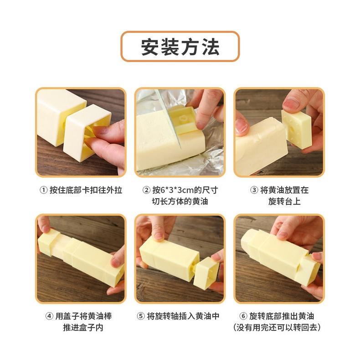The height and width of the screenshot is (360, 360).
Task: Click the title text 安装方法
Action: (x=180, y=46)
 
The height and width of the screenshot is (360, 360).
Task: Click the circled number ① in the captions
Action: (x=44, y=190)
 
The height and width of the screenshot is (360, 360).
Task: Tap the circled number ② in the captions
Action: (x=146, y=190)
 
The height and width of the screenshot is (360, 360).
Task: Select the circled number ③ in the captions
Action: (x=254, y=190)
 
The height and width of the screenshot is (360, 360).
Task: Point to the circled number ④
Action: (x=49, y=316)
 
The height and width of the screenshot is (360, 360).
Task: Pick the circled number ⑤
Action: (x=141, y=316)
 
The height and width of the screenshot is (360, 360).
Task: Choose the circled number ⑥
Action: (x=243, y=316)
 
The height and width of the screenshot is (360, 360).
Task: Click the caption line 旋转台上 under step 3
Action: (x=284, y=201)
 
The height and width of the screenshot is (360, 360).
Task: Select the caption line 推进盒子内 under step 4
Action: (x=83, y=327)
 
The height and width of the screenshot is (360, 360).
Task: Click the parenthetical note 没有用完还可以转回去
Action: (x=277, y=327)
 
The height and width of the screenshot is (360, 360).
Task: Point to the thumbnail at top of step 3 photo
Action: (x=291, y=104)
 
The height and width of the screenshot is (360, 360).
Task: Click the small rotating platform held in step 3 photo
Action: (x=296, y=129)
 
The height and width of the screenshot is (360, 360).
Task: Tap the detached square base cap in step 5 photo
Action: (x=206, y=273)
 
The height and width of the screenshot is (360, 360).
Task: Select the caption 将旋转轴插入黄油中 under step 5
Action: (x=183, y=316)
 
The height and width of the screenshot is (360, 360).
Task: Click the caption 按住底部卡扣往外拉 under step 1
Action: (x=86, y=190)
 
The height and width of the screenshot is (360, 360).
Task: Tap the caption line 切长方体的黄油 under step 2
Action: (x=180, y=201)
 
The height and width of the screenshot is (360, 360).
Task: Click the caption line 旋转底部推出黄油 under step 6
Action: (x=282, y=316)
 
